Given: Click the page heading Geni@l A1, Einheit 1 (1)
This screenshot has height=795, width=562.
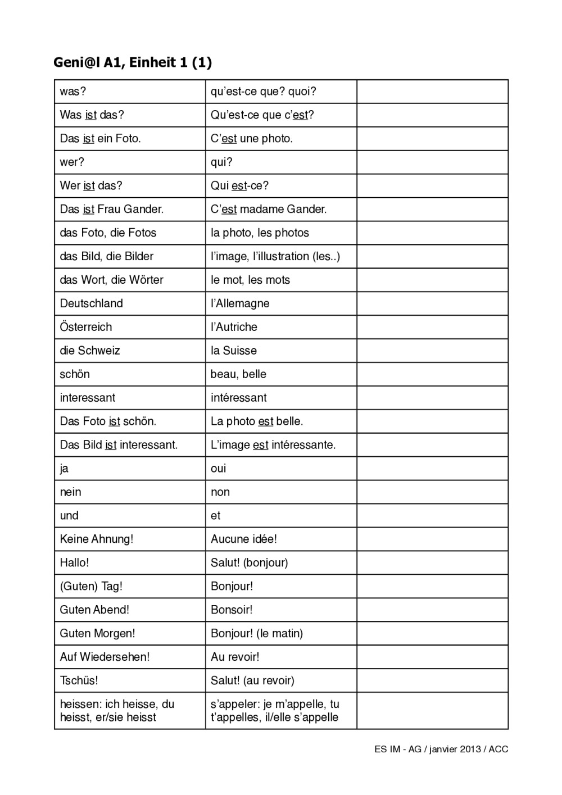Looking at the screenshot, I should (133, 62).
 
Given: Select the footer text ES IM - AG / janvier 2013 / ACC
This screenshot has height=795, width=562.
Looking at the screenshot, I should (441, 749).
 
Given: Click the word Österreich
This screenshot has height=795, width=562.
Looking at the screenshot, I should (86, 327).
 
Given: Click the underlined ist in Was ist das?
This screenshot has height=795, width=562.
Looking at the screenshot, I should (90, 115).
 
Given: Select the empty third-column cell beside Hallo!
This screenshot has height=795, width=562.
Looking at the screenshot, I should (432, 562).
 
